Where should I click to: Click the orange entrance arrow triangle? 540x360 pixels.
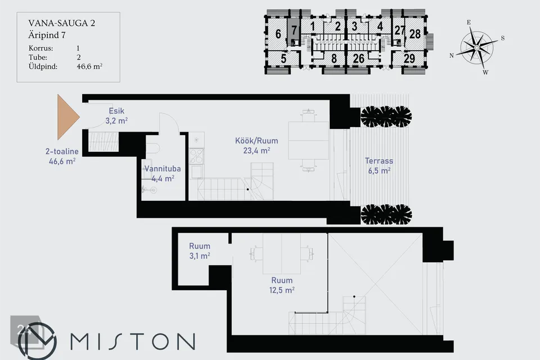(x=67, y=117)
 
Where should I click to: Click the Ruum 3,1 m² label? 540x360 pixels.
(x=199, y=251)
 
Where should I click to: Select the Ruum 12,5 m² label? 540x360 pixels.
(x=282, y=285)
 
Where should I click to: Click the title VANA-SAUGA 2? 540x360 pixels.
(x=62, y=23)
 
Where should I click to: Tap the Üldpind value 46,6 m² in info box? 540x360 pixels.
(x=89, y=66)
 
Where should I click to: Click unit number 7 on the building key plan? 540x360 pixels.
(x=294, y=30)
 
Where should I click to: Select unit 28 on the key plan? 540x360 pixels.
(x=415, y=34)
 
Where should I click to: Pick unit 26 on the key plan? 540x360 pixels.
(x=358, y=58)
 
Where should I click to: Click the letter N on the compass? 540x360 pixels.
(x=452, y=56)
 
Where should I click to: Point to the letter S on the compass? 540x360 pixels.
(x=502, y=38)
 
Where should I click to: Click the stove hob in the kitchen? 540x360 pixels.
(x=196, y=156)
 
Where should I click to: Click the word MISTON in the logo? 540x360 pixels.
(x=133, y=341)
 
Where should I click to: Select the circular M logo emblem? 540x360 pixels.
(x=37, y=341)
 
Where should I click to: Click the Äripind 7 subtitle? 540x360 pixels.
(x=47, y=35)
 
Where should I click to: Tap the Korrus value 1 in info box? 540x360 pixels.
(x=78, y=48)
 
